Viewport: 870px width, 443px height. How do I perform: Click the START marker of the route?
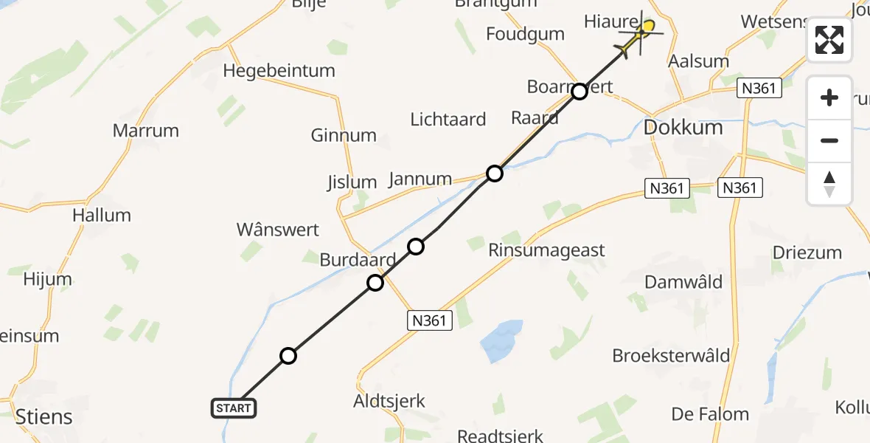tap(234, 408)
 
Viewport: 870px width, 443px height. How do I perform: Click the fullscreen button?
tap(829, 40)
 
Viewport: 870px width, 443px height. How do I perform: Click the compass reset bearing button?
tap(829, 183)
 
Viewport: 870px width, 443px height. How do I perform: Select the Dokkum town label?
tap(683, 127)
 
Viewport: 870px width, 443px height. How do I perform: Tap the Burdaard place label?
tap(358, 260)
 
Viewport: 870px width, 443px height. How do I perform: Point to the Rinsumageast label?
tap(546, 250)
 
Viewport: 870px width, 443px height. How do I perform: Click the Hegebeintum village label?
tap(279, 71)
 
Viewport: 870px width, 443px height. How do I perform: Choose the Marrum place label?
tap(146, 131)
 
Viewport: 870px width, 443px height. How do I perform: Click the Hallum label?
tap(102, 216)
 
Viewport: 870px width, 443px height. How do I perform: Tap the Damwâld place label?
tap(683, 282)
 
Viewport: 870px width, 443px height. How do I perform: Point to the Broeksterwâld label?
tap(671, 356)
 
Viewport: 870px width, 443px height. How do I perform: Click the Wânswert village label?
tap(278, 230)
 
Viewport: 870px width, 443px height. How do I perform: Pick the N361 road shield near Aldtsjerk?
tap(429, 320)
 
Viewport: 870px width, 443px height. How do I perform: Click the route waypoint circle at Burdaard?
tap(375, 282)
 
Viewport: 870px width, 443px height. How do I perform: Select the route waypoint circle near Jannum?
tap(494, 174)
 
